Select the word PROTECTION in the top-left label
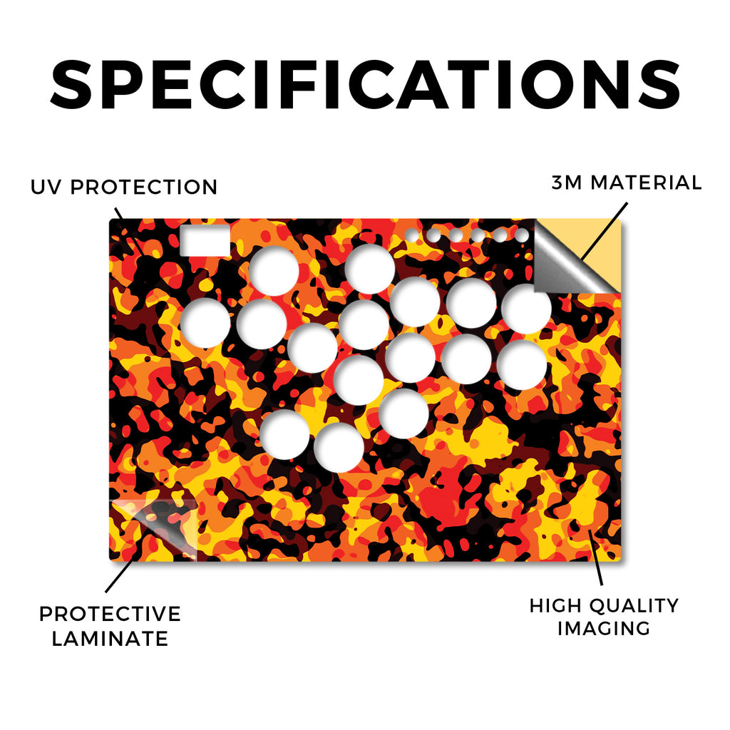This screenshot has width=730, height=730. click(144, 187)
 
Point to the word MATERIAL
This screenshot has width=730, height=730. click(646, 182)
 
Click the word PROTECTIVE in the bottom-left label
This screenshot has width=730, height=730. click(110, 614)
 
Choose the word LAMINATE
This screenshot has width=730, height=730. click(110, 639)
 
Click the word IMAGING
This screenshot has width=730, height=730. click(604, 629)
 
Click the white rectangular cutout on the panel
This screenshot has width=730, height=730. click(205, 241)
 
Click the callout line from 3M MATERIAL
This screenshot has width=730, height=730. click(604, 231)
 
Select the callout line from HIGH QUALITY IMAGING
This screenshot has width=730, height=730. click(595, 557)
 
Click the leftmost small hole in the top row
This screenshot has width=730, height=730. click(411, 235)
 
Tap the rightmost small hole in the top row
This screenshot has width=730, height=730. click(522, 235)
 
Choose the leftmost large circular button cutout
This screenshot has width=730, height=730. click(205, 323)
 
